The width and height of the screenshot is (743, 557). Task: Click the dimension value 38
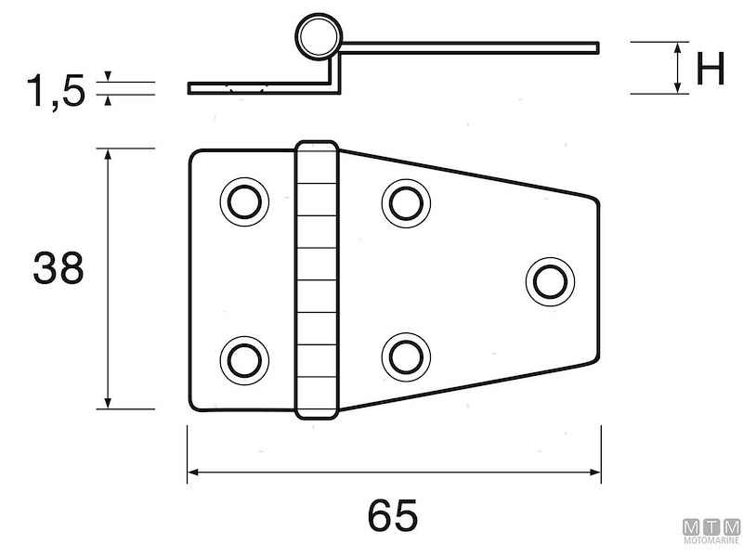(59, 268)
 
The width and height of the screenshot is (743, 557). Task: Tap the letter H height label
(710, 70)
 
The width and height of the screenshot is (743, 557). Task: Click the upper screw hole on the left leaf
(245, 201)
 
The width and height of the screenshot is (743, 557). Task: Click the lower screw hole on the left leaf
(245, 358)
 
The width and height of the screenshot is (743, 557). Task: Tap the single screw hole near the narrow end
(548, 280)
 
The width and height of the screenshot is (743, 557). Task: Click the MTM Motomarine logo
(712, 533)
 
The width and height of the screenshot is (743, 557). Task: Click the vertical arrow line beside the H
(679, 67)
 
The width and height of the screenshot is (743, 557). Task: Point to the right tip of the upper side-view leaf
(596, 46)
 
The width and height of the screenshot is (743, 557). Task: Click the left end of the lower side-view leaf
(190, 89)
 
